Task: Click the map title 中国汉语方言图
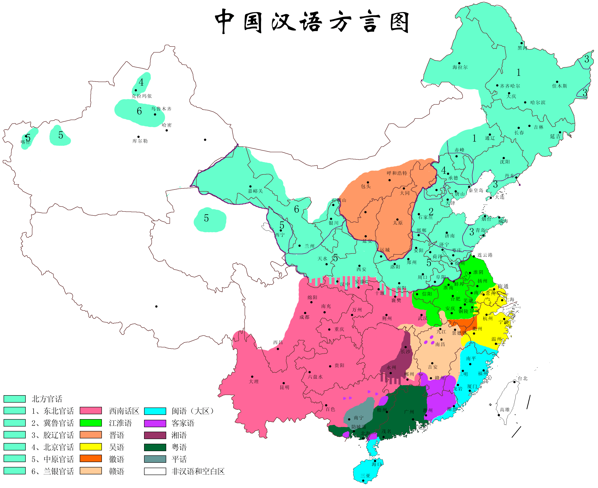312,22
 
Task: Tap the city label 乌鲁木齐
161,109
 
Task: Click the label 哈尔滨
538,103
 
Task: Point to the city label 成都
304,317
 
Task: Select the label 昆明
284,387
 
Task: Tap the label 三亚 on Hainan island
365,476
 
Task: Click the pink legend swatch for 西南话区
91,411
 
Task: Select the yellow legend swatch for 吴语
91,447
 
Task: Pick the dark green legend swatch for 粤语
155,447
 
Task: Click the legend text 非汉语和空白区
198,471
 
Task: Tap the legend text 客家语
183,423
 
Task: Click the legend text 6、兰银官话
52,471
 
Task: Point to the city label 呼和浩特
397,173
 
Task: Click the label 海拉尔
460,67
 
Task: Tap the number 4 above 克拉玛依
141,82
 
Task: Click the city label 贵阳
339,365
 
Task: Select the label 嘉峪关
255,191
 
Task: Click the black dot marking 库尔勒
138,137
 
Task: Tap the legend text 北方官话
47,399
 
